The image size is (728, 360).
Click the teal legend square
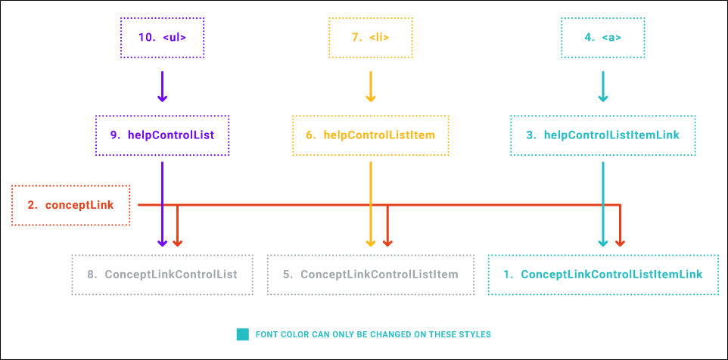pyautogui.click(x=242, y=334)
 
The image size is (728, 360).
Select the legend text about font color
pyautogui.click(x=373, y=334)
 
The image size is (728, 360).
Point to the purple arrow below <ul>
pyautogui.click(x=162, y=86)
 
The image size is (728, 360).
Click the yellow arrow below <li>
pyautogui.click(x=371, y=86)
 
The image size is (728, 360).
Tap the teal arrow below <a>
pyautogui.click(x=602, y=86)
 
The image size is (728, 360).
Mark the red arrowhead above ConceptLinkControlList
pyautogui.click(x=177, y=243)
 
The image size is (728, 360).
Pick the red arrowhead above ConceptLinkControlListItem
pyautogui.click(x=387, y=243)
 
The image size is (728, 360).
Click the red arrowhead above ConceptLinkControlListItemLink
pyautogui.click(x=621, y=243)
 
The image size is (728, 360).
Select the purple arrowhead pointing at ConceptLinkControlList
pyautogui.click(x=162, y=243)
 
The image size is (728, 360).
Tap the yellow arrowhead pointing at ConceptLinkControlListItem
pyautogui.click(x=371, y=243)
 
